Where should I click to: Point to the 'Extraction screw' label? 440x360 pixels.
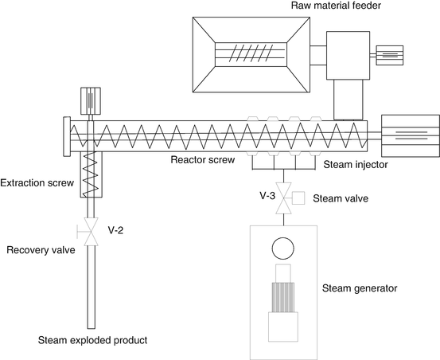37,183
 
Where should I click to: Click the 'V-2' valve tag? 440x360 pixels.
115,230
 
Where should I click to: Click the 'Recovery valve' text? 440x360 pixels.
40,250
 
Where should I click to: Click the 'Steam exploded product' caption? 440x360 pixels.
93,341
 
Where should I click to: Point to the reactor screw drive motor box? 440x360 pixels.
410,135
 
